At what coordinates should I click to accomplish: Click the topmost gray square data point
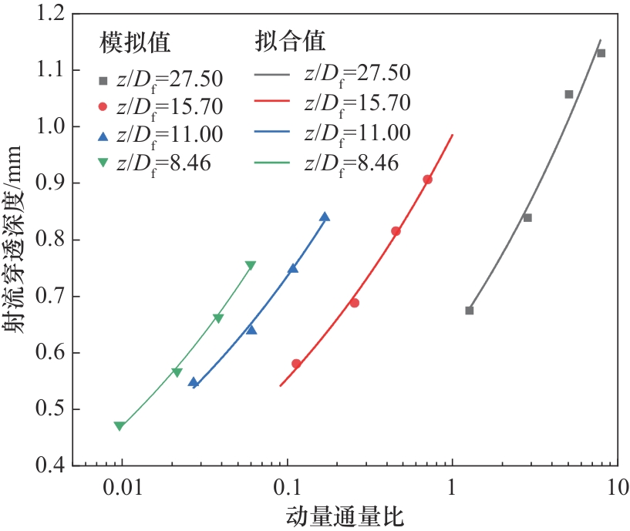[x=601, y=53]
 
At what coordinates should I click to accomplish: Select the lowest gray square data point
[x=469, y=310]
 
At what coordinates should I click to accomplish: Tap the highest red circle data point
[x=427, y=180]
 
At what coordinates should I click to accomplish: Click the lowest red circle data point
[x=296, y=364]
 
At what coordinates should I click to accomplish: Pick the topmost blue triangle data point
[x=325, y=217]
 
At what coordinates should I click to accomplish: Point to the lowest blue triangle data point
[x=194, y=382]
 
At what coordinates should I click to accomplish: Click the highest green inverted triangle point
[x=250, y=266]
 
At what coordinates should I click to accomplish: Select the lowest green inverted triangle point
[x=119, y=426]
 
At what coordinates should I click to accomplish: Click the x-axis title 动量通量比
[x=345, y=516]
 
